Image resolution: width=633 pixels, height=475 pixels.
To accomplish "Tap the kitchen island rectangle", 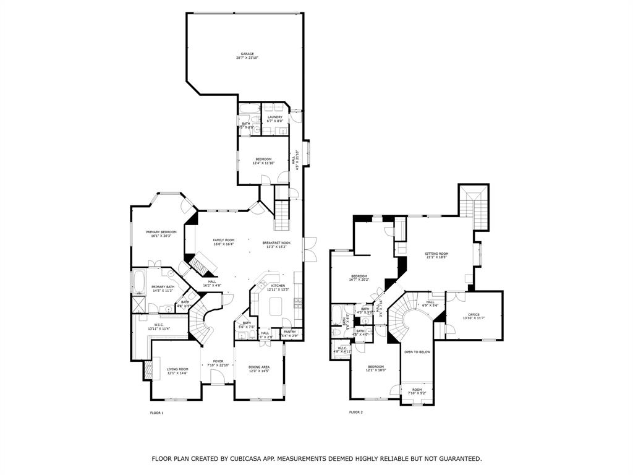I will click(276, 304).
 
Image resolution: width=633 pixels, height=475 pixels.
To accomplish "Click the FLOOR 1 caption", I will click(157, 413).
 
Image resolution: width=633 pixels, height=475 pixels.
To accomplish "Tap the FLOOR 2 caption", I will click(356, 413).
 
